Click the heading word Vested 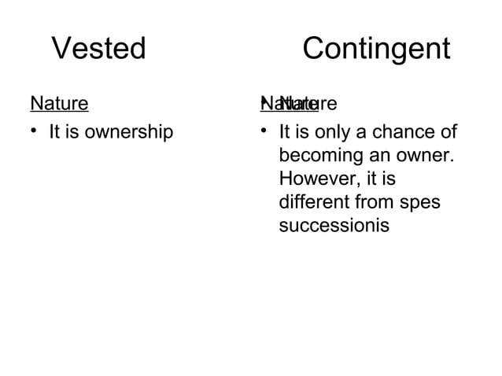(99, 50)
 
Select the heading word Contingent (376, 50)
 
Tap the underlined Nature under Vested (59, 103)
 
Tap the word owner (426, 153)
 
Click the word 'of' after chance (448, 131)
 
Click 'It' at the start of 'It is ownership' (55, 131)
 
